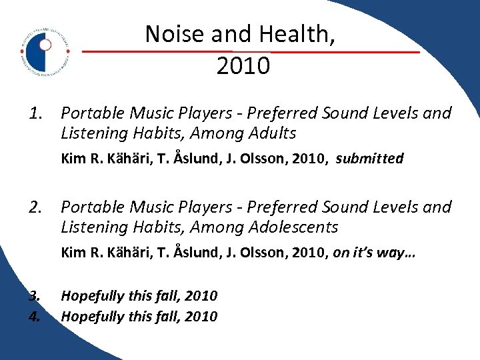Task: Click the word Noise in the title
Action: point(172,33)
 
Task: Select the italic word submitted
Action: point(369,159)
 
